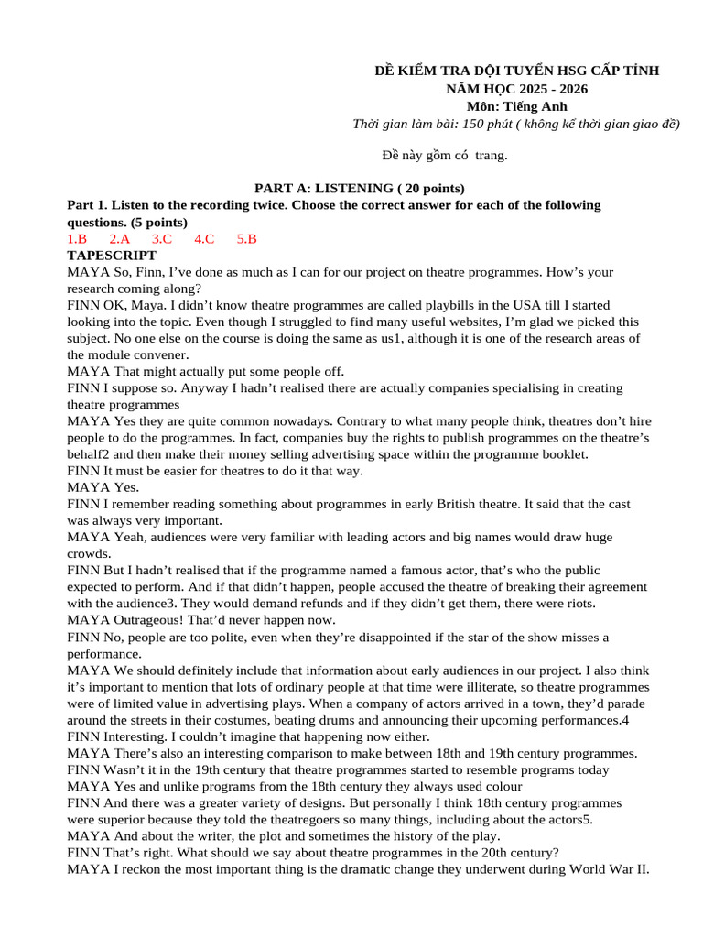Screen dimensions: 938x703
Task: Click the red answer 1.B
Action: tap(77, 239)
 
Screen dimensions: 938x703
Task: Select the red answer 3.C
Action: tap(162, 239)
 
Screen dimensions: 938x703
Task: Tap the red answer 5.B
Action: tap(247, 239)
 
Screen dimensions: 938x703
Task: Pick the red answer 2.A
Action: tap(120, 239)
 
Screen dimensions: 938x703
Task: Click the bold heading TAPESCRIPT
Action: tap(112, 256)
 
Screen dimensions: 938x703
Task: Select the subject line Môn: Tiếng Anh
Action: tap(517, 106)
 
